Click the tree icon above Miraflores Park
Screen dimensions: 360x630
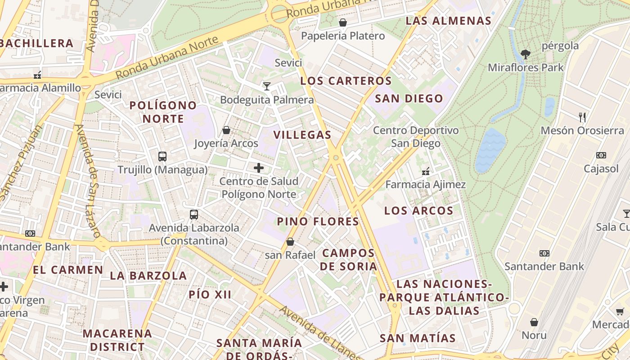point(525,54)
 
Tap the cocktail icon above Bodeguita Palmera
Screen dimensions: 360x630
point(267,86)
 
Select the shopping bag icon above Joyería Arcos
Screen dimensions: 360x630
point(226,130)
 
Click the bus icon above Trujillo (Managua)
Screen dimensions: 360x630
point(162,157)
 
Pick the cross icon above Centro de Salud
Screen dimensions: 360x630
point(259,168)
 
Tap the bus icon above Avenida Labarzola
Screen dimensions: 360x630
point(194,214)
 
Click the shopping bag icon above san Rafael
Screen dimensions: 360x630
point(290,242)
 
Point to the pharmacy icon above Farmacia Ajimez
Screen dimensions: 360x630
point(425,171)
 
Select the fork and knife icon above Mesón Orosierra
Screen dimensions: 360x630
point(582,117)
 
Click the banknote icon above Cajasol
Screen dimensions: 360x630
point(601,155)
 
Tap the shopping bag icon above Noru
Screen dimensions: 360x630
point(534,322)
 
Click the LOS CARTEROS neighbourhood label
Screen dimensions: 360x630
point(346,81)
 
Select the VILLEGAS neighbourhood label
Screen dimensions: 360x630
point(302,135)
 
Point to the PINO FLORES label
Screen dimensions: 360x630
point(318,221)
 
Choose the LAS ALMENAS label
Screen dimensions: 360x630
point(448,21)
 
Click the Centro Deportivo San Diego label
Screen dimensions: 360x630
point(416,137)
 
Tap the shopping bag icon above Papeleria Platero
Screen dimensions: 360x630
point(343,22)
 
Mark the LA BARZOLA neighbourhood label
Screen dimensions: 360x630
point(148,275)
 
